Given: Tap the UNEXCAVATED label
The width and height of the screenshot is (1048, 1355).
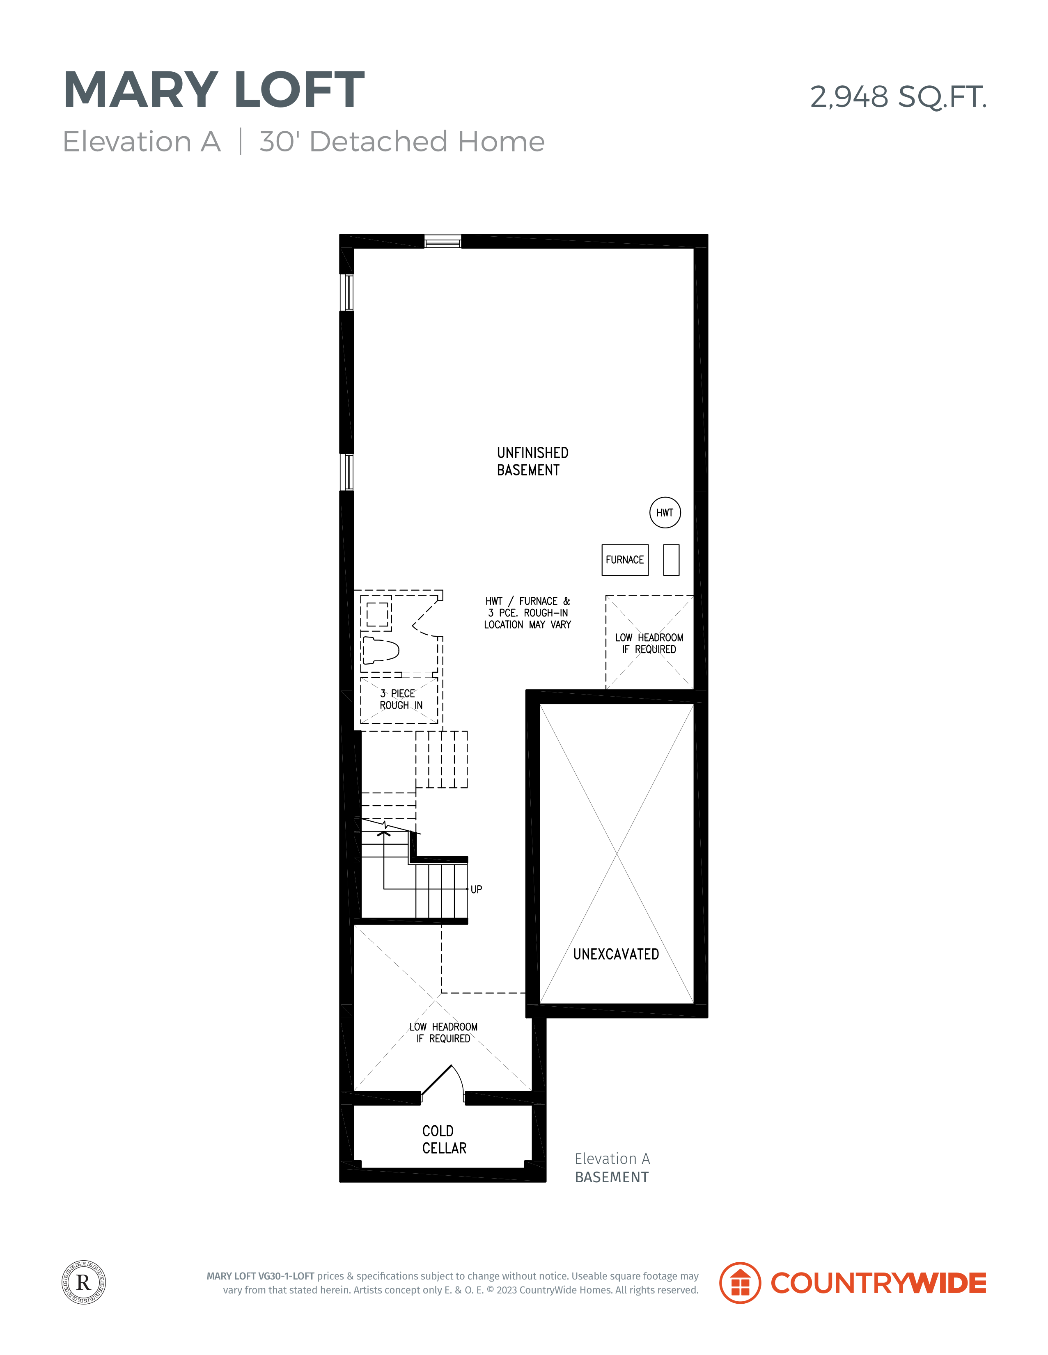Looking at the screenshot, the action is coord(616,954).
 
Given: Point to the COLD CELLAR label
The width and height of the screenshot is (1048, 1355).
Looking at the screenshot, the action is coord(444,1139).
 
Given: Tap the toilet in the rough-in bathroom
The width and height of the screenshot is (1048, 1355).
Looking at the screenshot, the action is coord(380,649).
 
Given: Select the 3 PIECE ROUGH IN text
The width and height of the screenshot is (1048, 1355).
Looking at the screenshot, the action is coord(401,699).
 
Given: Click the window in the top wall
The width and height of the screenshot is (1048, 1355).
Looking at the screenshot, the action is coord(443,241).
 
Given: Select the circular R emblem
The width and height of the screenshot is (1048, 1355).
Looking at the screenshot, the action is coord(84,1282).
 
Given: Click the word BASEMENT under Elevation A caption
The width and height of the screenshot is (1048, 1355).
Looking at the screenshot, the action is coord(612,1177).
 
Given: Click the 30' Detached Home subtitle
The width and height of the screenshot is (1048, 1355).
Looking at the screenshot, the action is coord(402,142).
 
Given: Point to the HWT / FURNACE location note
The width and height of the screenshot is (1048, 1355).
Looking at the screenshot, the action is coord(528,613).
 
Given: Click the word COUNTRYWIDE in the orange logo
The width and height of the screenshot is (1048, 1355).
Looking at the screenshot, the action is coord(878,1283).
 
